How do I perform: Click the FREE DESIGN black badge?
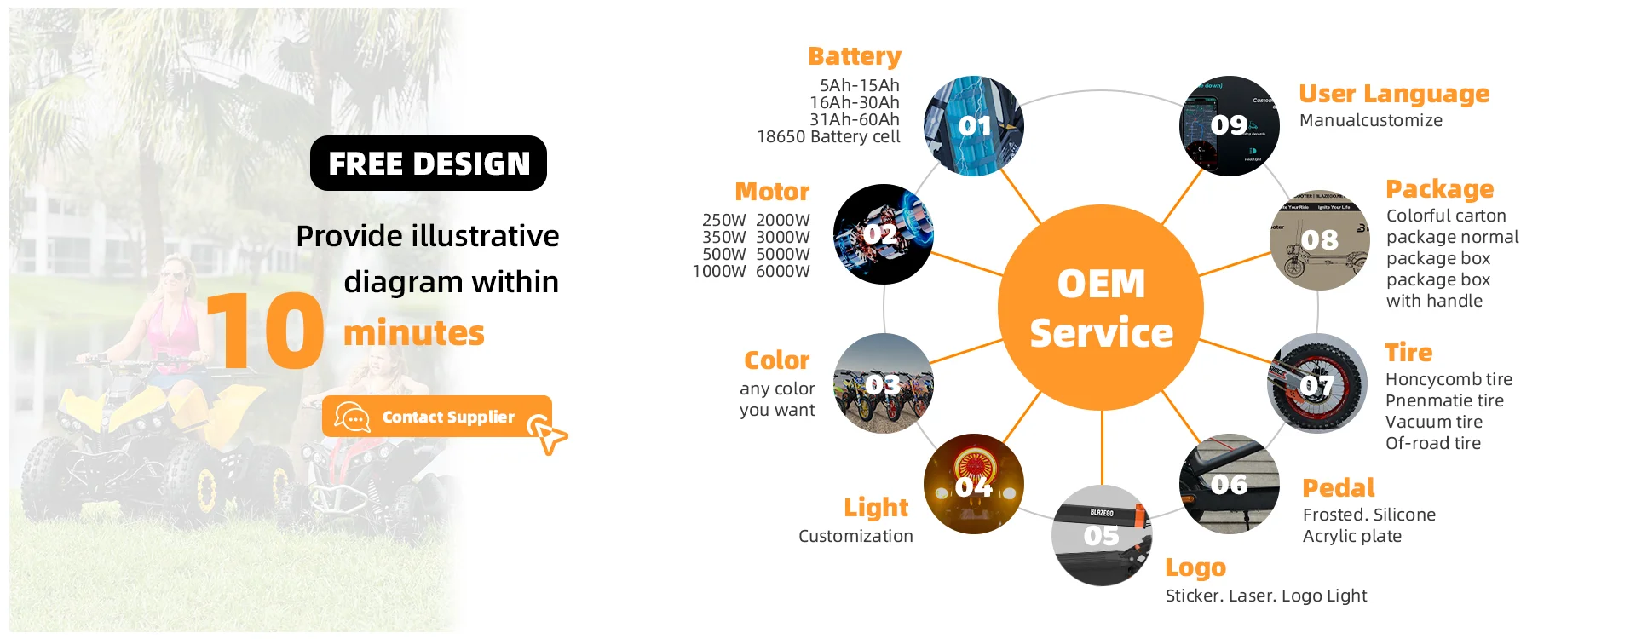tap(429, 163)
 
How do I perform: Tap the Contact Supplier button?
tap(437, 417)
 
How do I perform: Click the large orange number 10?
tap(265, 331)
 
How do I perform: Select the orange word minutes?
tap(413, 333)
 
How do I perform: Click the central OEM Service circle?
tap(1101, 308)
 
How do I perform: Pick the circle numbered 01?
tap(974, 126)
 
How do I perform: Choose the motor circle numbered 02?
tap(884, 234)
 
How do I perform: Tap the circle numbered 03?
tap(884, 383)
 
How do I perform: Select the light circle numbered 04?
tap(974, 484)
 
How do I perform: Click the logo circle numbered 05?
tap(1102, 536)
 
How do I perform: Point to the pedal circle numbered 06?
tap(1230, 484)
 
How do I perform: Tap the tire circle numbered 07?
tap(1318, 383)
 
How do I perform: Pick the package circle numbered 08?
tap(1320, 240)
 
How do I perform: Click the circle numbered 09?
tap(1230, 126)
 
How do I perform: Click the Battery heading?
tap(855, 56)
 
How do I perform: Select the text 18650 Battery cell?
tap(828, 136)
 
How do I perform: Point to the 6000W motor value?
tap(782, 271)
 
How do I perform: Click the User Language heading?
tap(1394, 94)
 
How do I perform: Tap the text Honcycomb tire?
tap(1449, 379)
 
